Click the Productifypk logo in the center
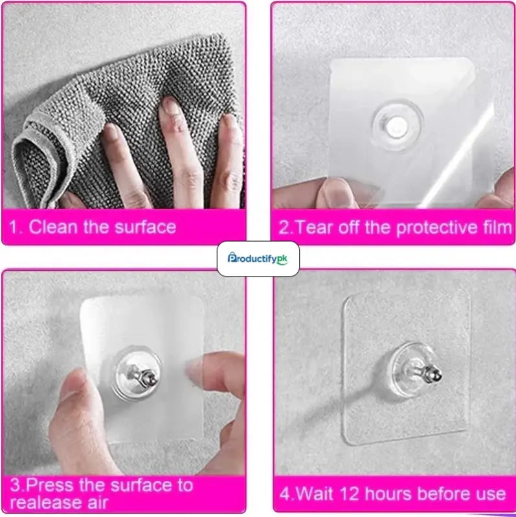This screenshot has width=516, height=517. [x=258, y=258]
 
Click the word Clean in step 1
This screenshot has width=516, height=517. [x=53, y=227]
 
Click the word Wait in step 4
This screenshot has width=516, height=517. [x=315, y=494]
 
